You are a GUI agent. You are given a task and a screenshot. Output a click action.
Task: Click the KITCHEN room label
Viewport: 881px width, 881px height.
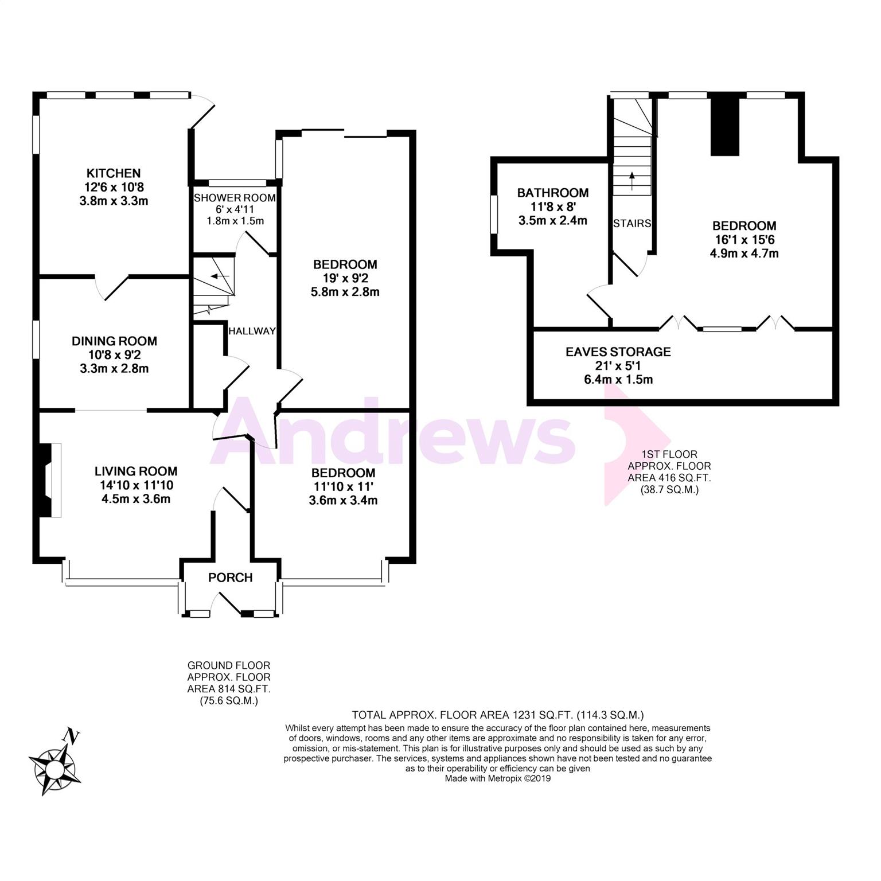(114, 173)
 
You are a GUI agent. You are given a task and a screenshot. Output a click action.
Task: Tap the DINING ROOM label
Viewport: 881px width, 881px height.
(114, 341)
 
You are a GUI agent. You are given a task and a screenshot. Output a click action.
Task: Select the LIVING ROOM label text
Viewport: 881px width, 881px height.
(136, 471)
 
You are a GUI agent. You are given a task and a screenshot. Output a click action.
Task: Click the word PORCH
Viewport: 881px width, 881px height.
(231, 578)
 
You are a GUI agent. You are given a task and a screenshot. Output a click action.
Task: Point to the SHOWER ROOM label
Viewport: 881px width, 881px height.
(235, 198)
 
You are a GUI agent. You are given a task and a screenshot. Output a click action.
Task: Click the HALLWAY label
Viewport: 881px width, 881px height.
(252, 332)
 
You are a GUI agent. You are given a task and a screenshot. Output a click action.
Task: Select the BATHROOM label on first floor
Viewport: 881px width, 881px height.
(552, 193)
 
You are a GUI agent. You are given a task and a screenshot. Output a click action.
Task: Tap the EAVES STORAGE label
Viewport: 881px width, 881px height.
(618, 352)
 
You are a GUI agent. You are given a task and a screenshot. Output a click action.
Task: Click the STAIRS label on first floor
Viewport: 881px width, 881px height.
(631, 224)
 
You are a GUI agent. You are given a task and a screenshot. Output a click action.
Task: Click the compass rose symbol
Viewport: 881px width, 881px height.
(54, 769)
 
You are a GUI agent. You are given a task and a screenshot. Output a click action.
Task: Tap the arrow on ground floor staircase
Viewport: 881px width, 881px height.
(220, 276)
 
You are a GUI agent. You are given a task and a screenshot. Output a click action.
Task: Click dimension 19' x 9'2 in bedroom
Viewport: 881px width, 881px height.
(345, 278)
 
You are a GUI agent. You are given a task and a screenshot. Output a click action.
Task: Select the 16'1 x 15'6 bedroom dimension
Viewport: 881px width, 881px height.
(744, 240)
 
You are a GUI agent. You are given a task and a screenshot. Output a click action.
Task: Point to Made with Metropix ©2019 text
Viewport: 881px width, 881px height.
(497, 778)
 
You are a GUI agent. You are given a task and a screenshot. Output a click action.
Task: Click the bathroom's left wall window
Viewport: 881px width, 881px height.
(493, 215)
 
